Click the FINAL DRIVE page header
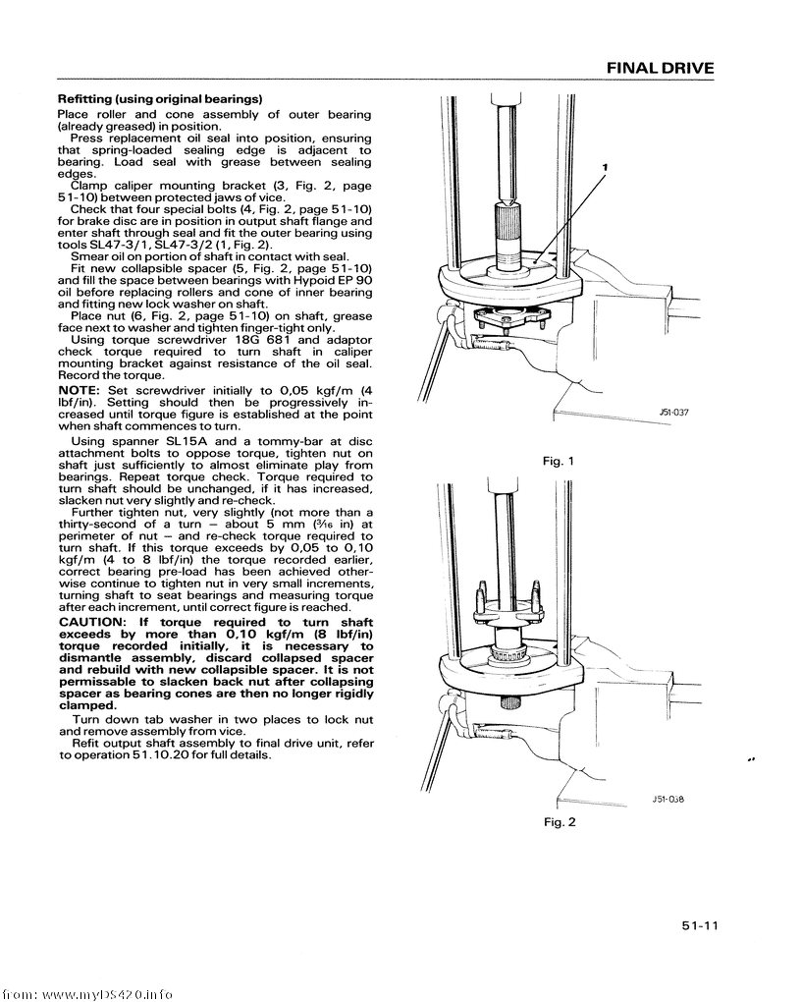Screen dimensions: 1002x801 pos(660,69)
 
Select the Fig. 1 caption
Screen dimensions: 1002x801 pos(557,461)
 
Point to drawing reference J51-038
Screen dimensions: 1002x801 pos(667,799)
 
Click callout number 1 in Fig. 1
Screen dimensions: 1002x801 pos(606,167)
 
